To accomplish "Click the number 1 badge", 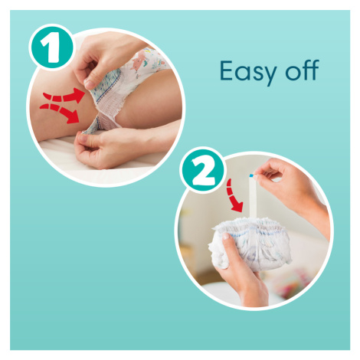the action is coord(52,47).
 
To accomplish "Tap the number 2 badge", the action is coord(203,171).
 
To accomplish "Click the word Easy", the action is coord(247,72).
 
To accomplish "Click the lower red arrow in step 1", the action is coord(61,113).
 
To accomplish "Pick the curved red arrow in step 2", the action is coord(234,196).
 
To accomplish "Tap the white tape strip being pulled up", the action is coord(253,197).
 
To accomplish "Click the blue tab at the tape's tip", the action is coord(252,175).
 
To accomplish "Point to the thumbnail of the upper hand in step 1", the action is coord(90,83).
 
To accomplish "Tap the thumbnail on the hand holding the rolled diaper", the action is coord(226,237).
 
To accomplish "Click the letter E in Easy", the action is coord(227,70).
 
